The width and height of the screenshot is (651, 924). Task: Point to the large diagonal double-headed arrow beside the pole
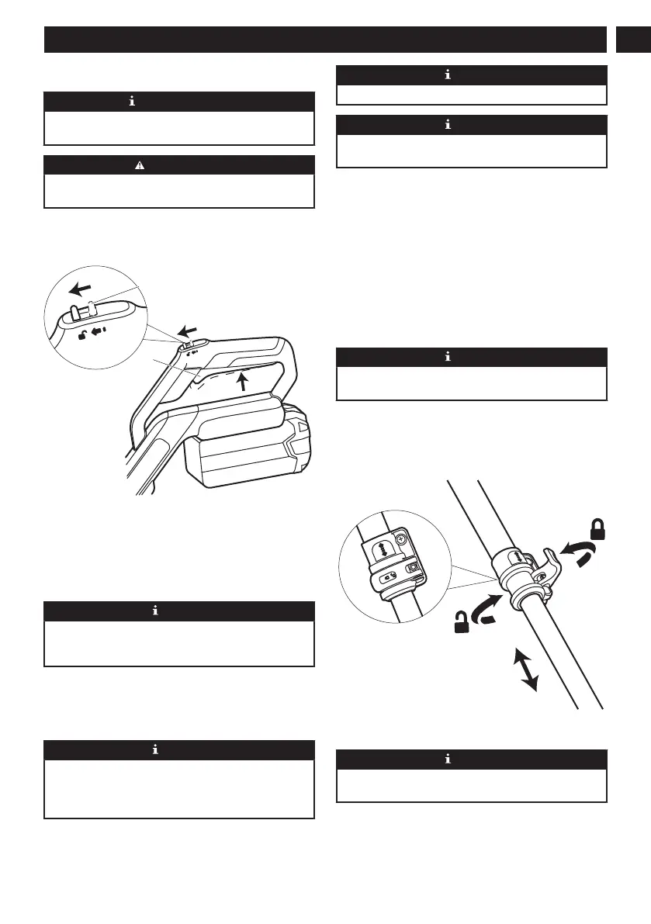pos(528,670)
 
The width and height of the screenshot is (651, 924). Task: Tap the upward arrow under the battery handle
pos(245,382)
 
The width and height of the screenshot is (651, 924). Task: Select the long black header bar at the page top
pos(324,40)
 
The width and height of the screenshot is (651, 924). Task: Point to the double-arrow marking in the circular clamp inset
pos(381,549)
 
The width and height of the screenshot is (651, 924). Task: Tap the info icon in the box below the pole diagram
pos(471,760)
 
